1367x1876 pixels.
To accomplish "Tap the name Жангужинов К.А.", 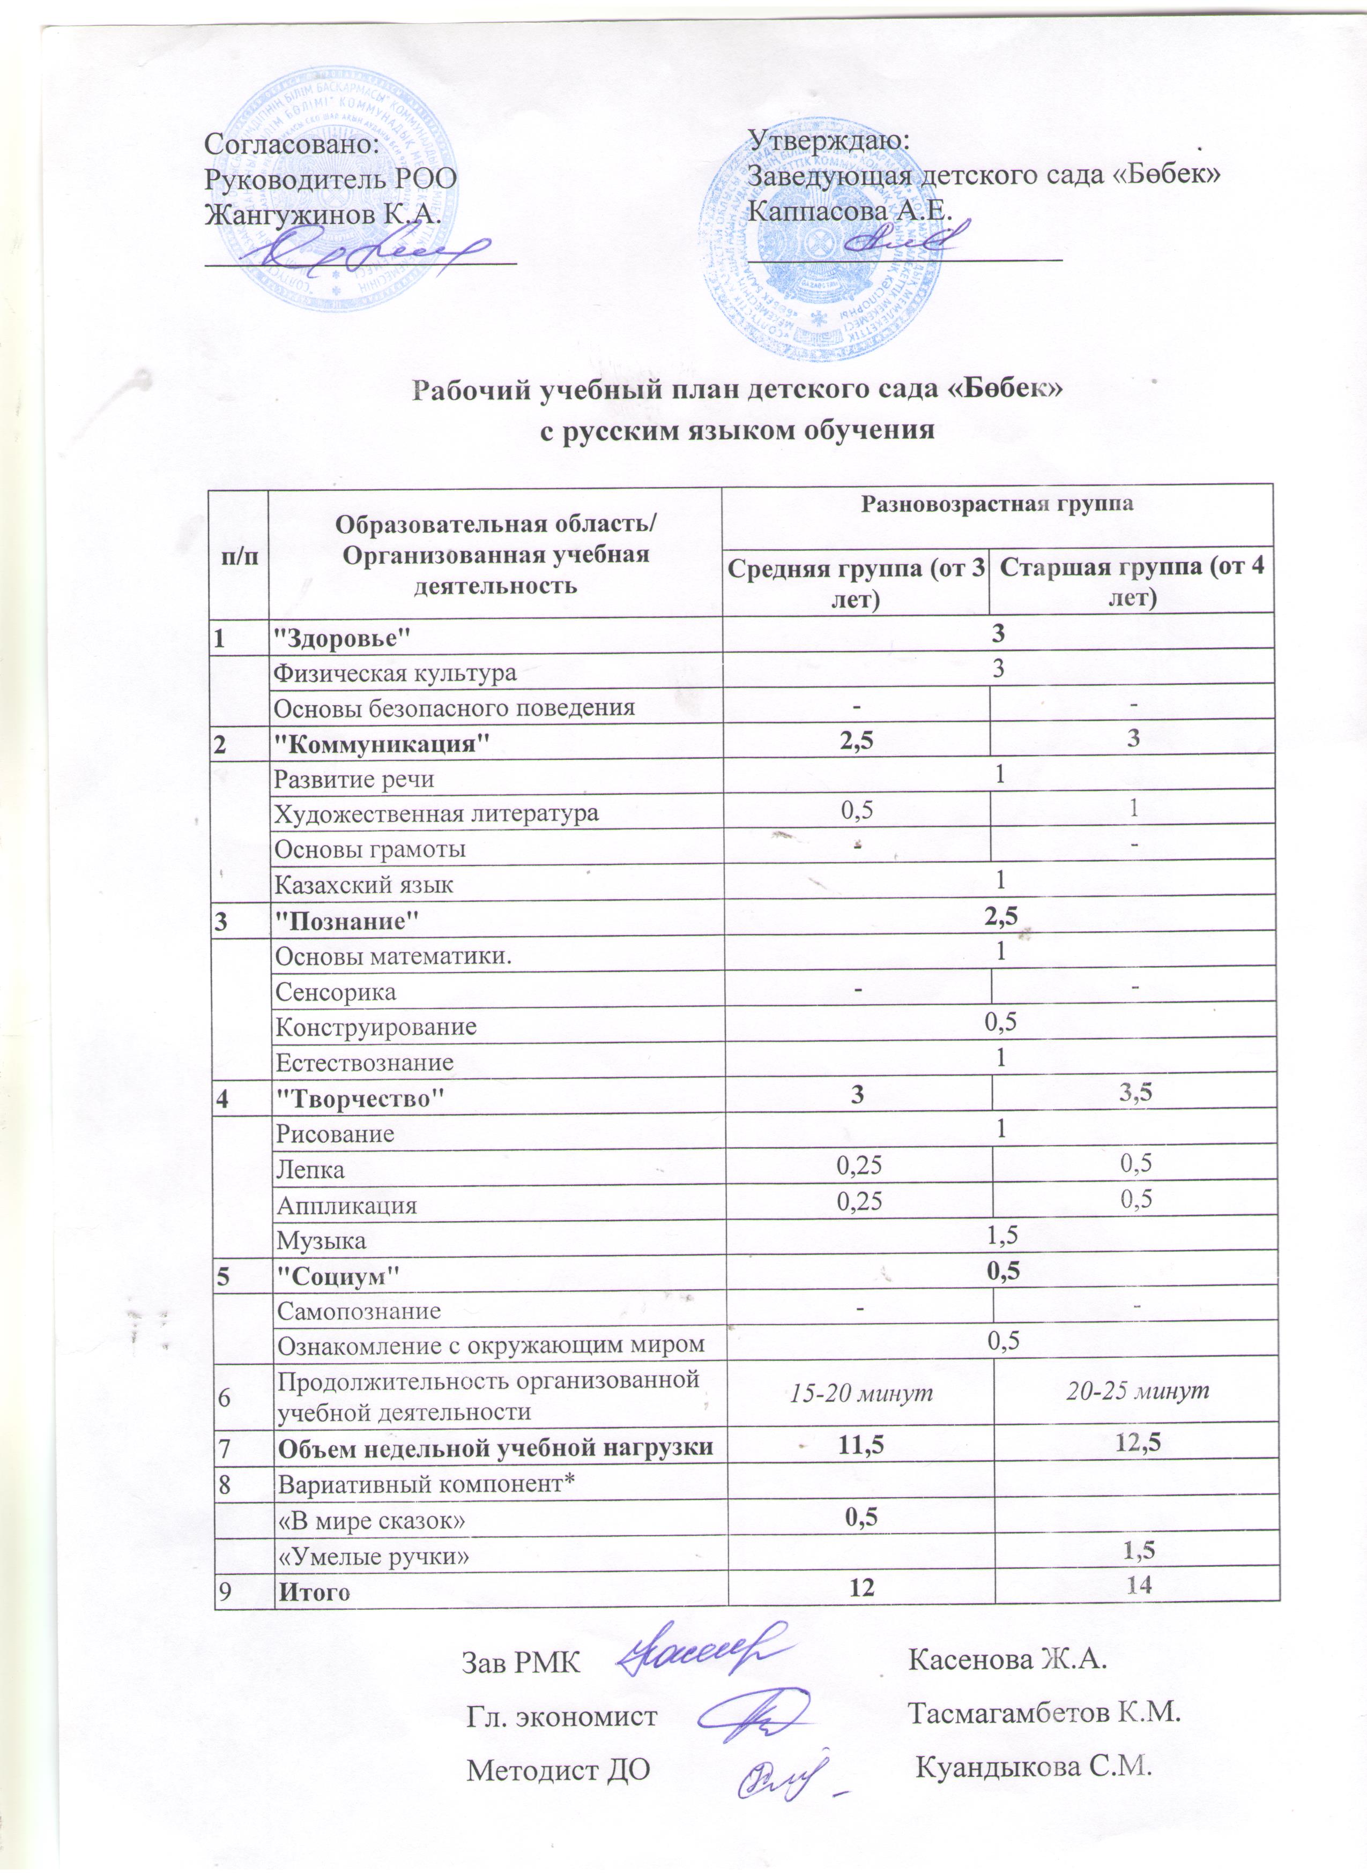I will pyautogui.click(x=322, y=214).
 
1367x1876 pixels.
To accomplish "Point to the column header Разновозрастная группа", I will pyautogui.click(x=997, y=504).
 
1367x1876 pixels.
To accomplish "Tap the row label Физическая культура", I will pyautogui.click(x=396, y=672).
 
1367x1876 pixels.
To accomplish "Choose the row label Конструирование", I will pyautogui.click(x=376, y=1027).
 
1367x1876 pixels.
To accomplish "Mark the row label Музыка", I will pyautogui.click(x=321, y=1240).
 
